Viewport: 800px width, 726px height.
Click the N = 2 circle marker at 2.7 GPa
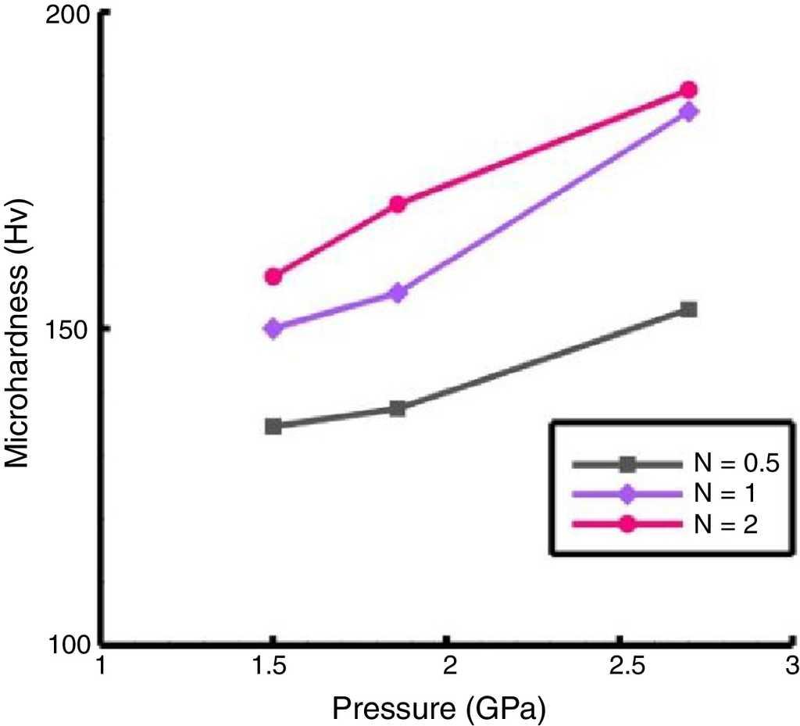(x=688, y=90)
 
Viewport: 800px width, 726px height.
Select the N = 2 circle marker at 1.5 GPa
(x=273, y=277)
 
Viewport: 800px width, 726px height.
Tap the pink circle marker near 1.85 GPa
(x=397, y=205)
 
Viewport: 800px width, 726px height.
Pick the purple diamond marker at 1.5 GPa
(x=273, y=328)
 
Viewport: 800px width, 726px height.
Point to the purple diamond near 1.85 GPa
(x=397, y=293)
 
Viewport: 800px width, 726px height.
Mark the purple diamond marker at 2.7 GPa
(x=688, y=112)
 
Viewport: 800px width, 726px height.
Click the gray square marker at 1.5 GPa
(x=273, y=426)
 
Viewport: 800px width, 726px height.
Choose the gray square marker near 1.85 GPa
(x=397, y=408)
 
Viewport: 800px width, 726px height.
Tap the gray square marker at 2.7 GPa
(x=688, y=309)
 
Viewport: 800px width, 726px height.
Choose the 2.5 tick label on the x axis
(x=620, y=667)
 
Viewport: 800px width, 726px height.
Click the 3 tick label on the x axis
(x=791, y=667)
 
